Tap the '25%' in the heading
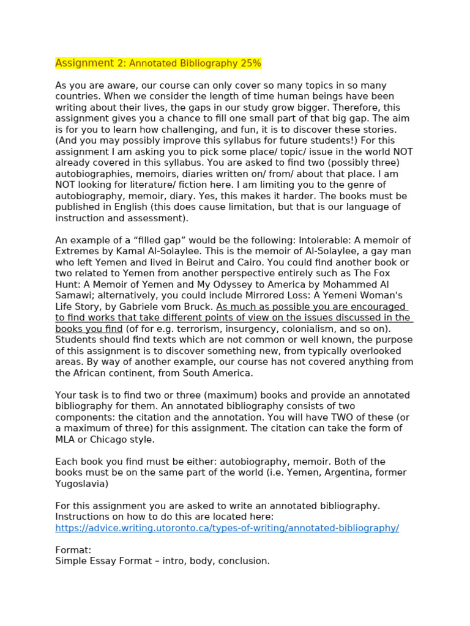tap(250, 63)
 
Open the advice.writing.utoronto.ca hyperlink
tap(227, 528)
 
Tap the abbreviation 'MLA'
tap(65, 440)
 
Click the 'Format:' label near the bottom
tap(73, 550)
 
